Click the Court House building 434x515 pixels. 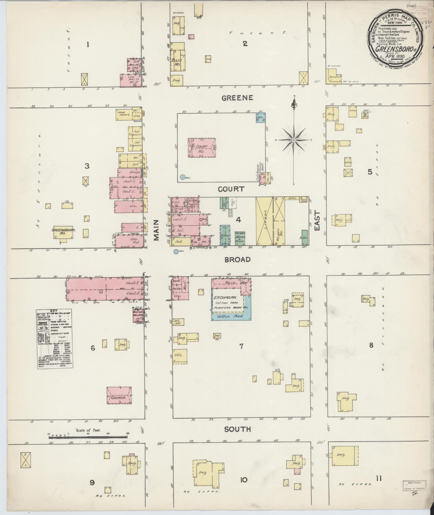pyautogui.click(x=202, y=148)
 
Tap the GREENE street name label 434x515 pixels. pyautogui.click(x=237, y=98)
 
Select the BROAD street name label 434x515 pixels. pyautogui.click(x=238, y=260)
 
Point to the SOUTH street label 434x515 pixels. pyautogui.click(x=238, y=429)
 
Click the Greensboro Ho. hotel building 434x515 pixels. pyautogui.click(x=63, y=232)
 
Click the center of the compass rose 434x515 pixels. pyautogui.click(x=294, y=140)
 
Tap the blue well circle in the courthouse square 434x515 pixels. pyautogui.click(x=183, y=177)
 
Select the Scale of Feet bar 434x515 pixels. pyautogui.click(x=88, y=437)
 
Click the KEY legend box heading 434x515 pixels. pyautogui.click(x=54, y=310)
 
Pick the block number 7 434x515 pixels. pyautogui.click(x=241, y=346)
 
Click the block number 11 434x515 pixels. pyautogui.click(x=379, y=478)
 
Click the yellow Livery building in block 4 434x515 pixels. pyautogui.click(x=264, y=221)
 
